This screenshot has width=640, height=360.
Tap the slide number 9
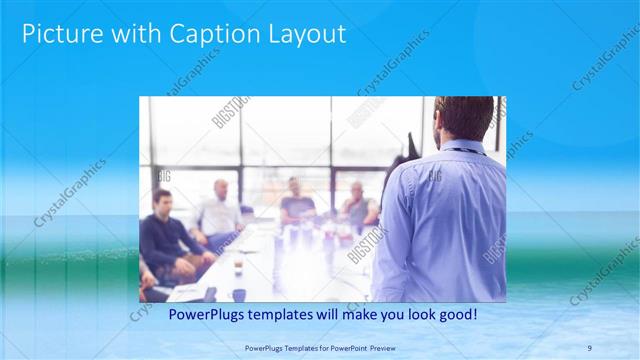pos(590,346)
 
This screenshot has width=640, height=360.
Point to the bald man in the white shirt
pos(219,211)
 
